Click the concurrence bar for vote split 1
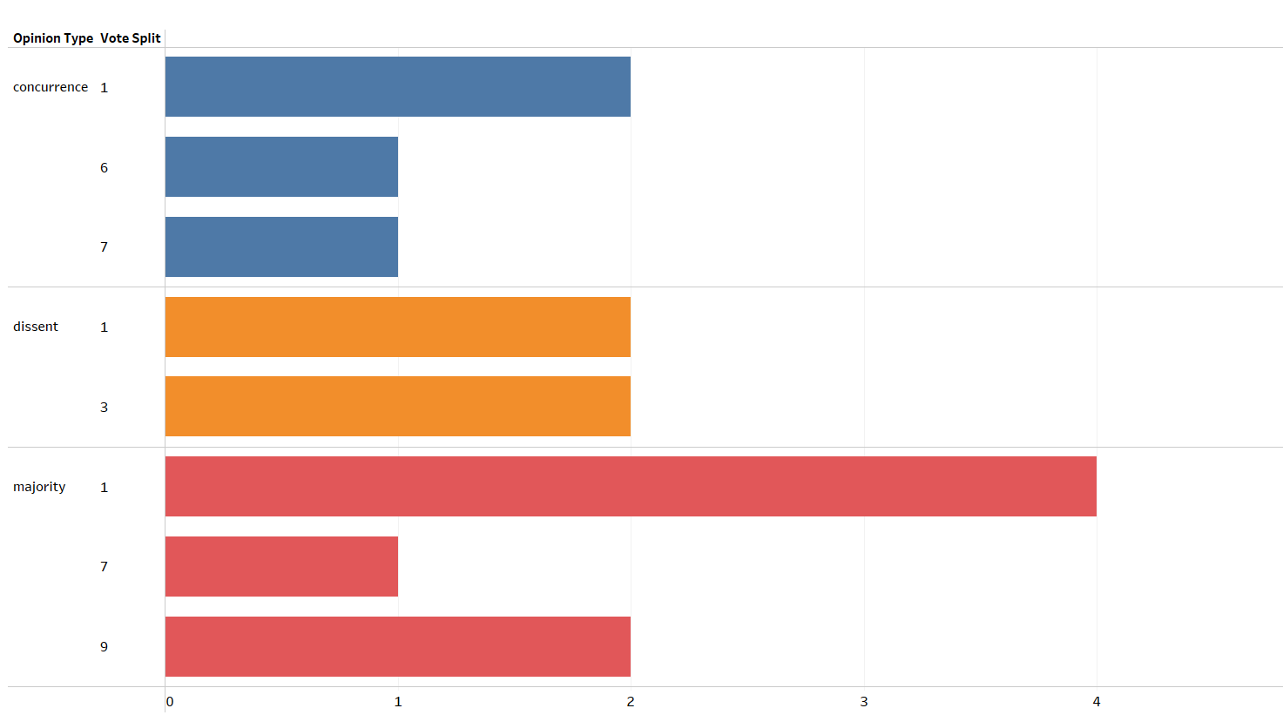397,87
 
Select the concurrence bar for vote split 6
281,167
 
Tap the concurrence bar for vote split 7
281,247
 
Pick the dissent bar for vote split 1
397,327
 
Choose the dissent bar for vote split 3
397,407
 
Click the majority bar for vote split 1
631,487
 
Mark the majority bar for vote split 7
281,567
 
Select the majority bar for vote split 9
397,647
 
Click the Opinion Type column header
53,38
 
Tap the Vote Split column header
131,38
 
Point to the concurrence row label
51,87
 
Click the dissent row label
36,327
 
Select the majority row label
39,487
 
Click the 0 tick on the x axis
170,702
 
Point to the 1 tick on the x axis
398,702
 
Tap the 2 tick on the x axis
631,702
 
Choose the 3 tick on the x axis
864,702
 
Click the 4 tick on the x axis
1097,702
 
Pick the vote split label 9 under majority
105,647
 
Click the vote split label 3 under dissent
105,408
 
